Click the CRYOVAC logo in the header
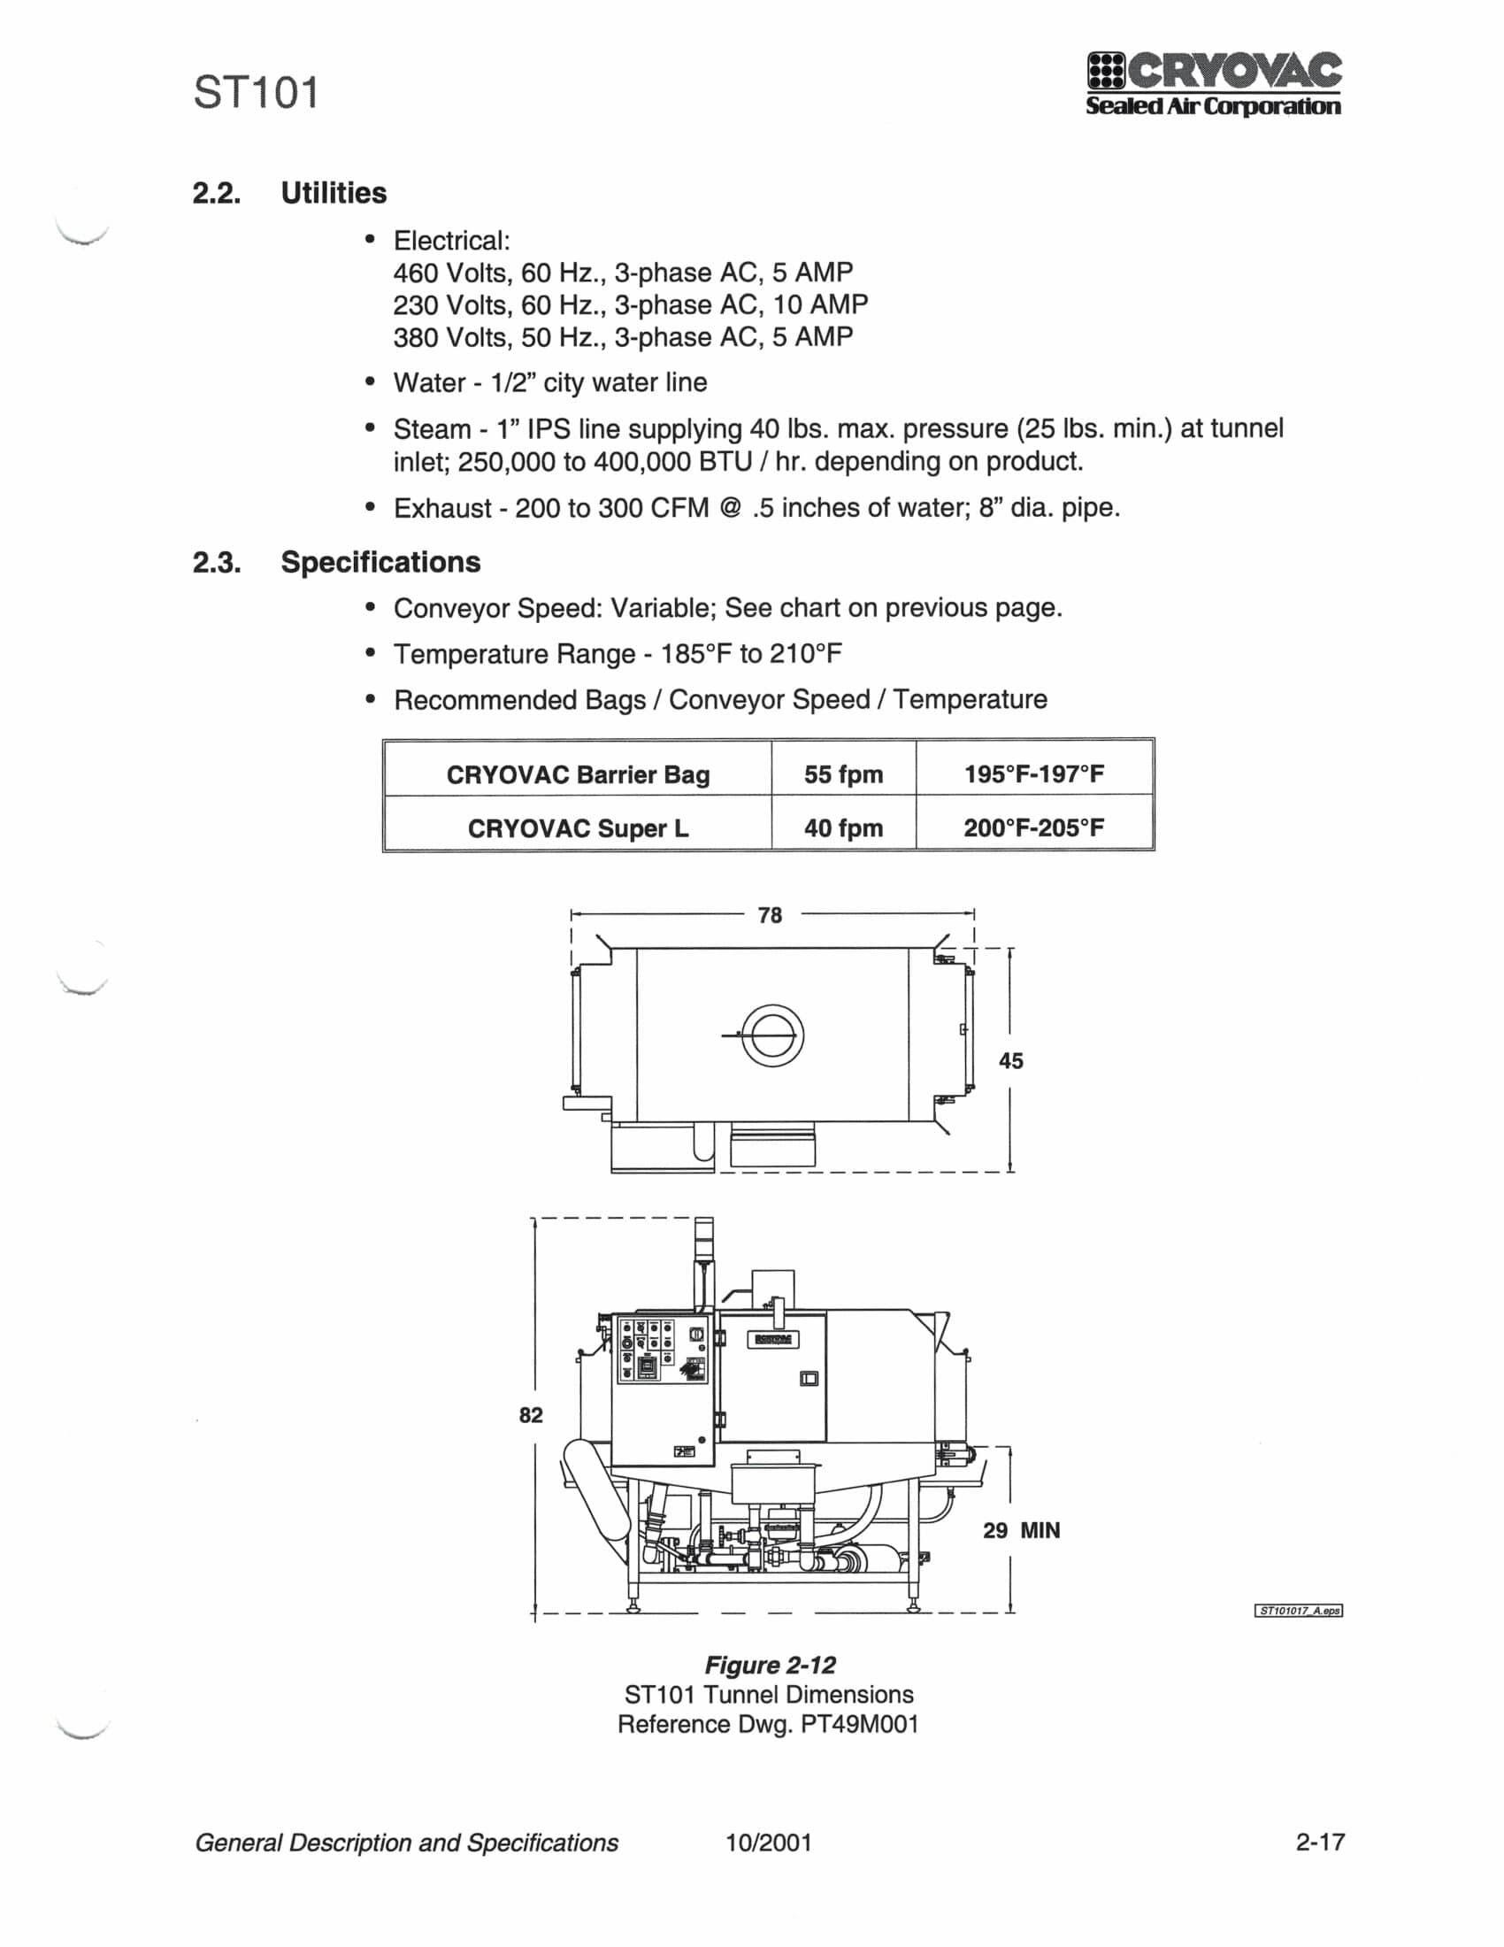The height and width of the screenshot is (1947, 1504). coord(1214,85)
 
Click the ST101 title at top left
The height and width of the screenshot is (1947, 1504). coord(257,93)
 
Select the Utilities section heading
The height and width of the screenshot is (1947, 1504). coord(334,193)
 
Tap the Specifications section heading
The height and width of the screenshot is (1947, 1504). coord(380,562)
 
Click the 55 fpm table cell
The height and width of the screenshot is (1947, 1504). coord(843,773)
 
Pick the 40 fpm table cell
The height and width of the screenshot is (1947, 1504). coord(843,828)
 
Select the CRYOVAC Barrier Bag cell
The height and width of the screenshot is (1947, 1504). coord(579,773)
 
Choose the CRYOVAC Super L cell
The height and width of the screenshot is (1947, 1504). coord(579,828)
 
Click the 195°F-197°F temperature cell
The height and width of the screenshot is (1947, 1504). coord(1033,773)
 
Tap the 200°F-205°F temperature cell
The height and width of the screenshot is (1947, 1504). coord(1033,827)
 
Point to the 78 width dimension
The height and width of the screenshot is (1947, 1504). coord(770,915)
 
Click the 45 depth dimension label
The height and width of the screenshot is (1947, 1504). coord(1010,1061)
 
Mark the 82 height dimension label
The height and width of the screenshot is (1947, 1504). coord(531,1415)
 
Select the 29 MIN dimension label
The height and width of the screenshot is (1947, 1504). coord(1021,1530)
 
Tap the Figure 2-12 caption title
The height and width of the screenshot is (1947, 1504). coord(770,1665)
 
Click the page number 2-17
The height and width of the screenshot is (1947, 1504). coord(1321,1841)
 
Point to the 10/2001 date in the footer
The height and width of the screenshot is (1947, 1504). coord(769,1842)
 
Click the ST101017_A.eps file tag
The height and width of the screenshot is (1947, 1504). coord(1299,1610)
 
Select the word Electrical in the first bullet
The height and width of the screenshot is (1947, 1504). coord(452,241)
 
